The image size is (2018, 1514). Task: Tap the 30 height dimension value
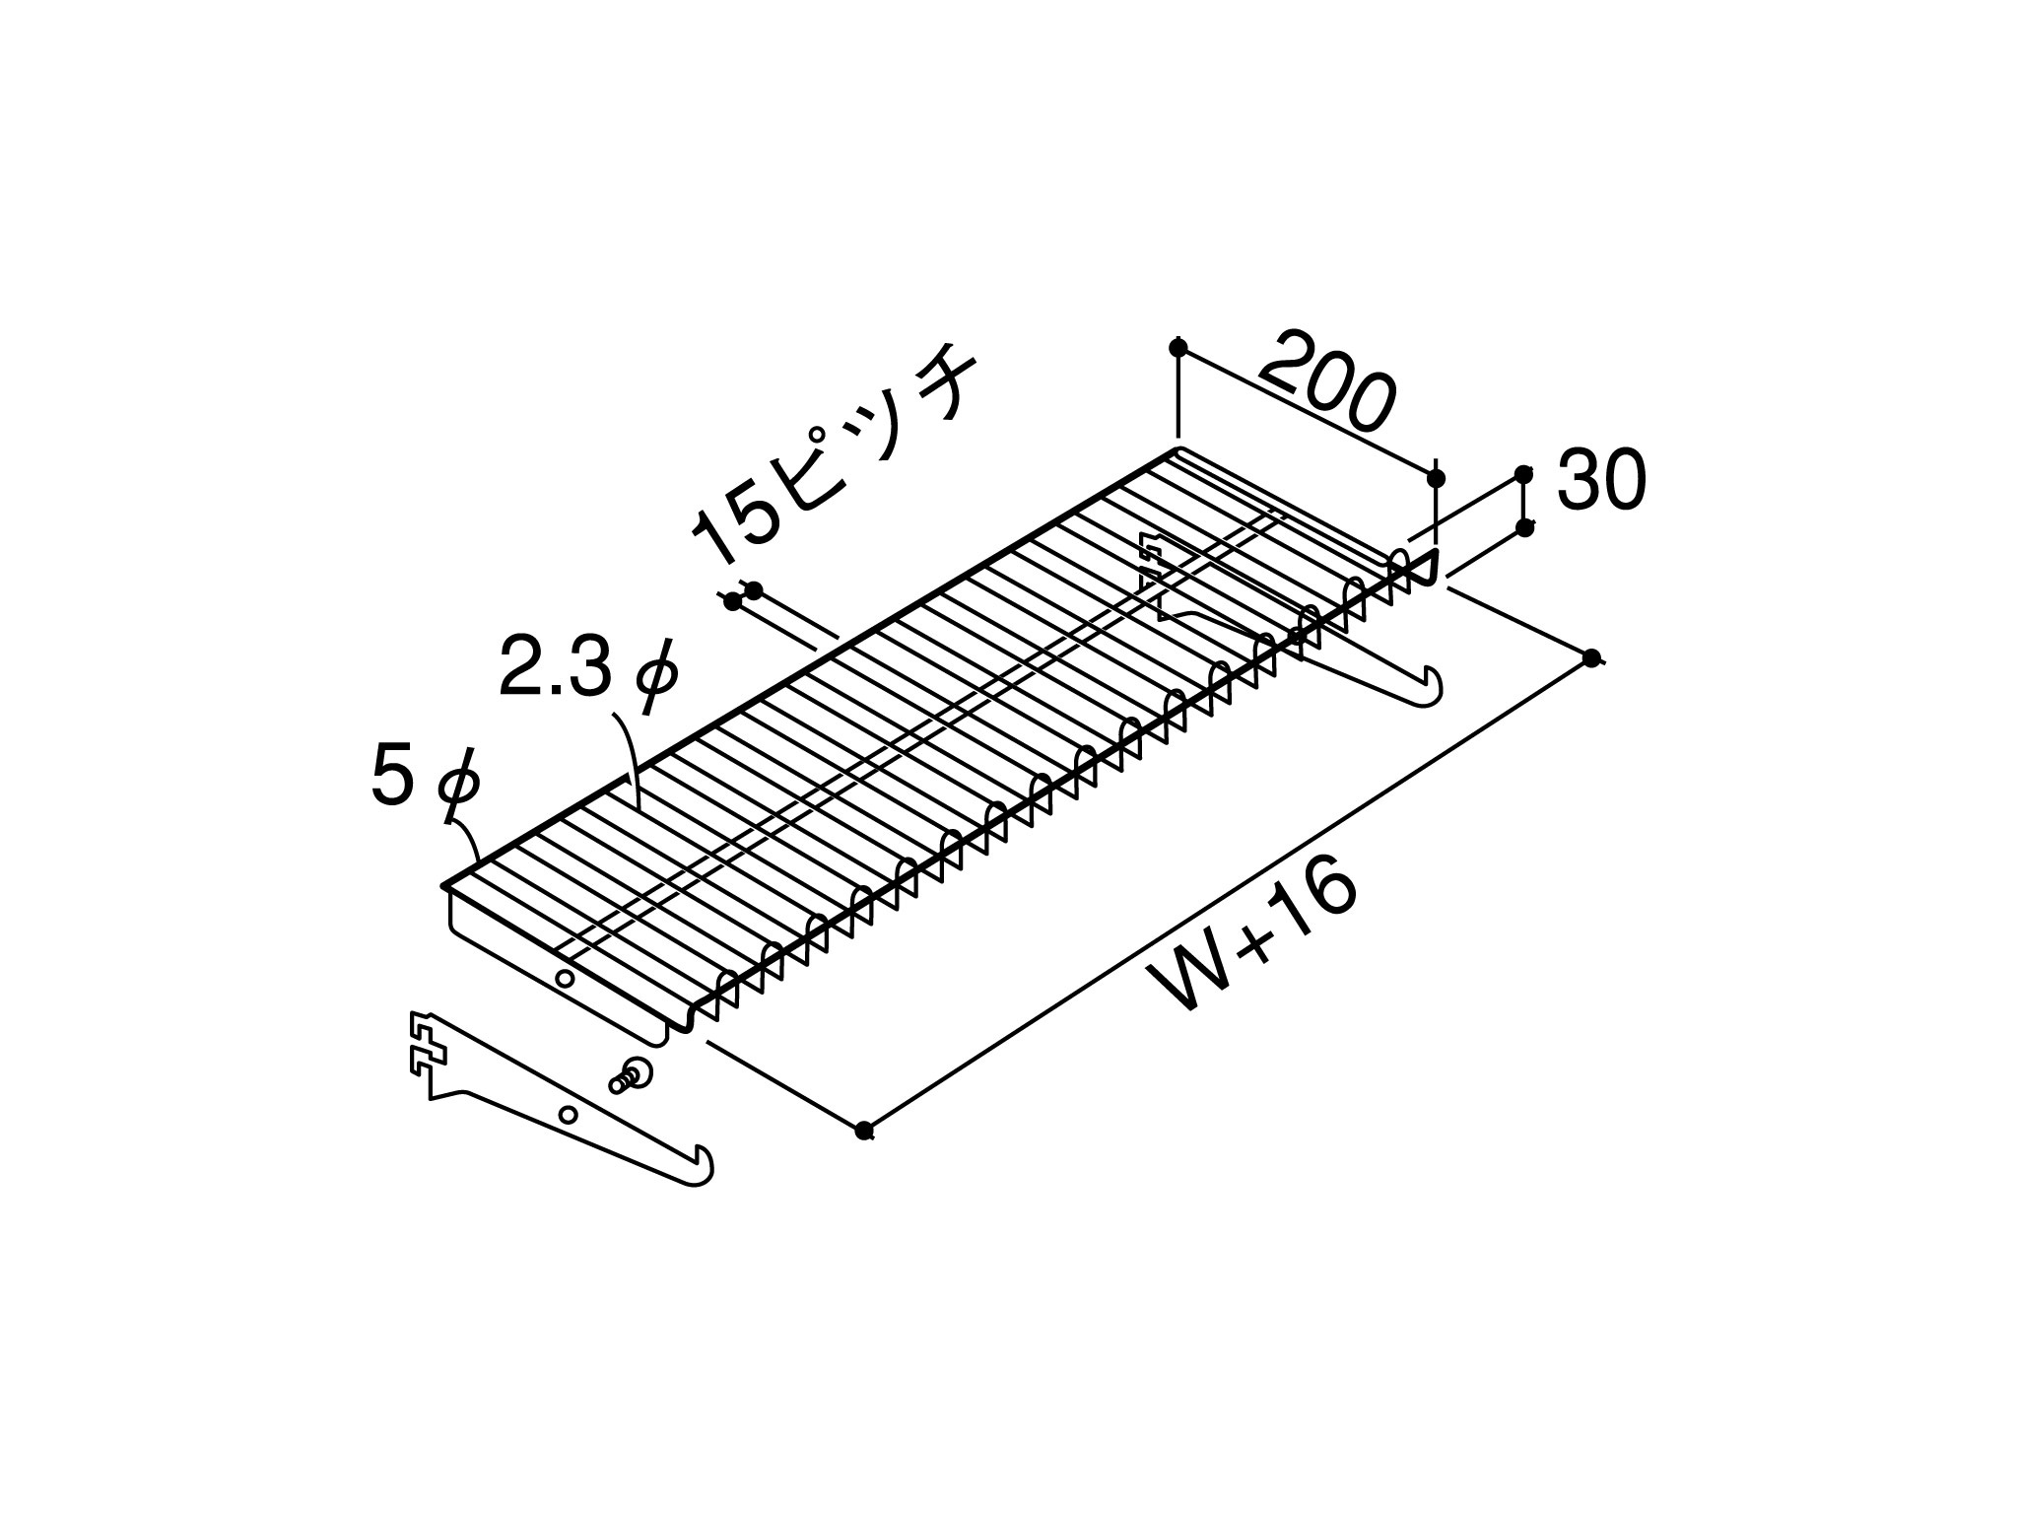tap(1601, 481)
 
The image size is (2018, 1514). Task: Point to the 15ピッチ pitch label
tap(834, 453)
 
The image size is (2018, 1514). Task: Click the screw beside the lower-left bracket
tap(632, 1074)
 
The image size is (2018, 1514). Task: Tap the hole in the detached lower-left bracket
tap(568, 1115)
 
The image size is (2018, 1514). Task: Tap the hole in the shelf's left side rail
tap(565, 979)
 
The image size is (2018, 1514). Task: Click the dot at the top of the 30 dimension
tap(1524, 474)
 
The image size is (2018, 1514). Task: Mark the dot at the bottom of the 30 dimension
tap(1525, 528)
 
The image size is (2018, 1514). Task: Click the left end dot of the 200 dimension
tap(1177, 348)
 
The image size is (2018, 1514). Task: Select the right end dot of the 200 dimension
tap(1436, 478)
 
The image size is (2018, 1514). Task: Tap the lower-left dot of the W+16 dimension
tap(864, 1131)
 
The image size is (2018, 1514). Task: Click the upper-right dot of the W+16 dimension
tap(1591, 658)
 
